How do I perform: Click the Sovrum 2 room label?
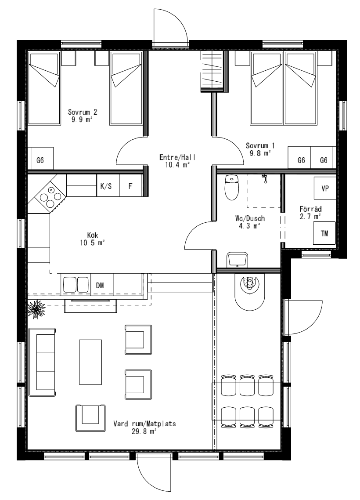click(83, 112)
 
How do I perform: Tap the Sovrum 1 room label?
click(260, 146)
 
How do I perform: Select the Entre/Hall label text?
click(177, 157)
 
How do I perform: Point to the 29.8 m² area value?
click(144, 431)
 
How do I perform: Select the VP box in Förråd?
click(325, 188)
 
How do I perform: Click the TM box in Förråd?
click(324, 233)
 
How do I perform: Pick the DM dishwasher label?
click(100, 286)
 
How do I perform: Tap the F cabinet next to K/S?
click(131, 185)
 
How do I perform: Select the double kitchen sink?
click(76, 284)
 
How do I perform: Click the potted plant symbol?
click(36, 309)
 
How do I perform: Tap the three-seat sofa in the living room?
click(43, 362)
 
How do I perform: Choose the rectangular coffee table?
click(90, 362)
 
